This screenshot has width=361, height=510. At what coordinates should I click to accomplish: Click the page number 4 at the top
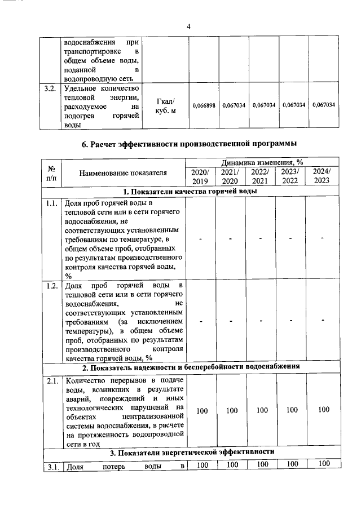189,26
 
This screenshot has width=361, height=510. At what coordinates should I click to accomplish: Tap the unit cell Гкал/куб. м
165,105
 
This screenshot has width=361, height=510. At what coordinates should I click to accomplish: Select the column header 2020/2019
200,176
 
